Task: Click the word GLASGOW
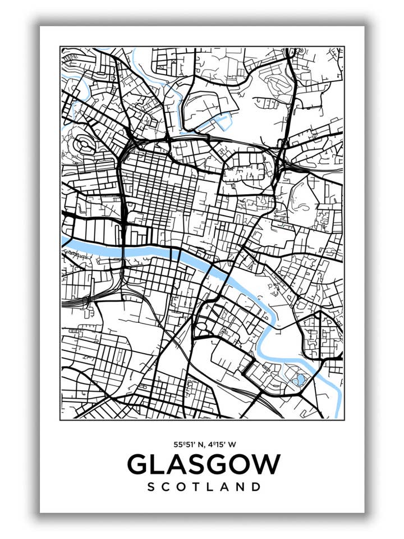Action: coord(203,464)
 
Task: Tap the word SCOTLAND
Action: coord(204,487)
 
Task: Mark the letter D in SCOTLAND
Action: coord(256,487)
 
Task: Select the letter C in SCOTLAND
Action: coord(167,487)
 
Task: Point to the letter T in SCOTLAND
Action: coord(197,487)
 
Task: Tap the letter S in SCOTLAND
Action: coord(151,487)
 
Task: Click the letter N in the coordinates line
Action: coord(199,444)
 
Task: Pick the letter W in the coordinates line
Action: coord(232,444)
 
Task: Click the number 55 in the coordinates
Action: coord(178,444)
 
